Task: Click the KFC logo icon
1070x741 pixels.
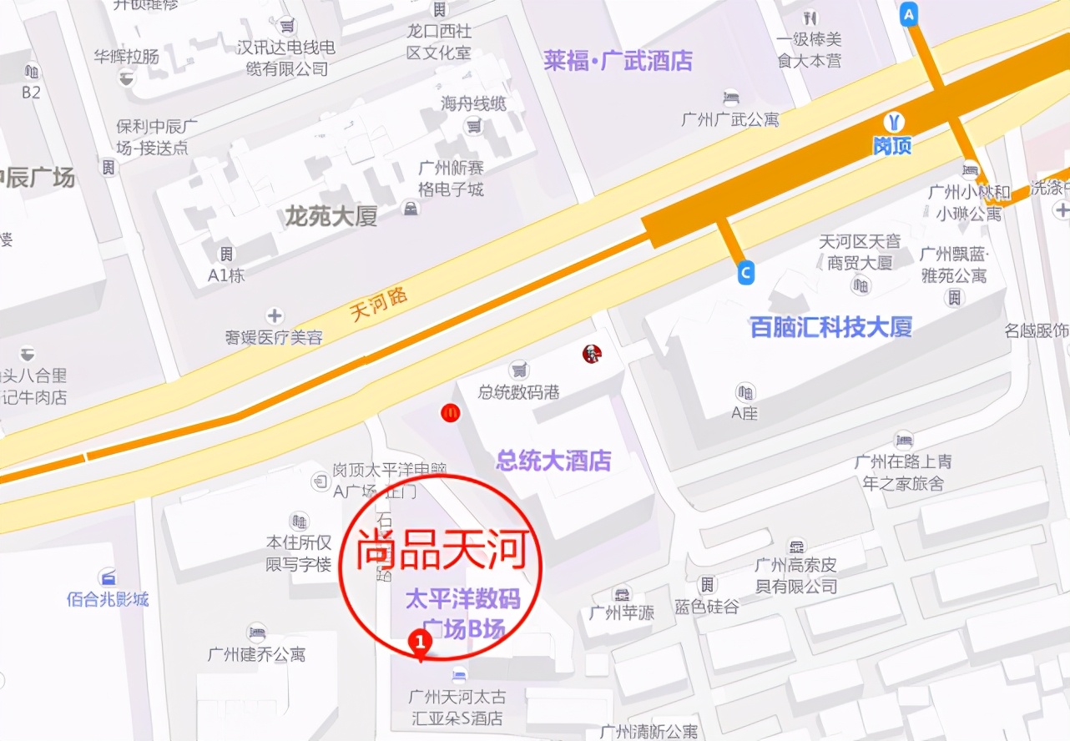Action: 592,355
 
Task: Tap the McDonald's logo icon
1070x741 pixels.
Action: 451,412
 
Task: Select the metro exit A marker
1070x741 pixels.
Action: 909,13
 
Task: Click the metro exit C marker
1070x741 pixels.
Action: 746,273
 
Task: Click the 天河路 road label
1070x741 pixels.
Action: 379,305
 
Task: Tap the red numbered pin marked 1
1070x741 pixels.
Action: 421,643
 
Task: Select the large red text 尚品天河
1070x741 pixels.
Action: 443,552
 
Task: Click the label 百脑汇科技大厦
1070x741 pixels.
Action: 830,326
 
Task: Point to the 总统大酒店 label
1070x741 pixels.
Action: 553,460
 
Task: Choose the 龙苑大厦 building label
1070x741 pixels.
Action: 331,217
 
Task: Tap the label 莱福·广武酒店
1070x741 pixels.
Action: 618,60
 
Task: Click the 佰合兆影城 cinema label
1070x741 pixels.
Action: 108,598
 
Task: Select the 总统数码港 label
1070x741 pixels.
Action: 518,391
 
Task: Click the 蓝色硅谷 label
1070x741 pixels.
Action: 707,607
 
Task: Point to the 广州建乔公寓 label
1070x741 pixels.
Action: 256,654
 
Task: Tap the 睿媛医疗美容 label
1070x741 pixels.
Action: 274,337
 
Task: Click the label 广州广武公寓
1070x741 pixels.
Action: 729,118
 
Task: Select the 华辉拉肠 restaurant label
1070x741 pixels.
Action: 126,57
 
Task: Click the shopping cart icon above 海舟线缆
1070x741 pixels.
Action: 474,125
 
